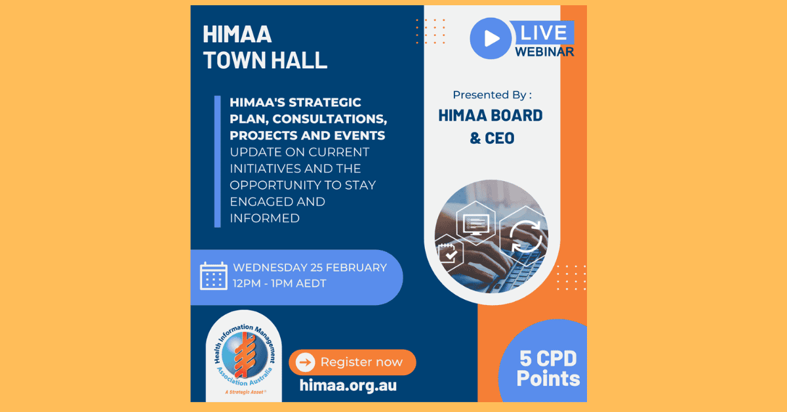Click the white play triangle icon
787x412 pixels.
coord(492,38)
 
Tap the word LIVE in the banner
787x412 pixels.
coord(544,33)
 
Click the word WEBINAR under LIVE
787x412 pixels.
coord(544,52)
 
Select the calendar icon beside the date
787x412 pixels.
coord(214,276)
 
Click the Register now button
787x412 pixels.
coord(352,362)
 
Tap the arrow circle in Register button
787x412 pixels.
coord(306,362)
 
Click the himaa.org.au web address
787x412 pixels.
coord(348,385)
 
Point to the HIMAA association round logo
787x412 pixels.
coord(245,356)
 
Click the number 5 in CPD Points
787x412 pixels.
coord(525,359)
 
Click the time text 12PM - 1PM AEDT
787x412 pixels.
coord(279,283)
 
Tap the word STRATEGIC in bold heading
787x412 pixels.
coord(325,102)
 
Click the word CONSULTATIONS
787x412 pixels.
coord(329,119)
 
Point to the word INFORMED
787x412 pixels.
coord(264,218)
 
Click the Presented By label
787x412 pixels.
coord(492,95)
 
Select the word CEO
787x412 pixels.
coord(500,138)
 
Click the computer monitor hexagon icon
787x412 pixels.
coord(475,223)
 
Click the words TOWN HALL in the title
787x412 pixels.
coord(265,60)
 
